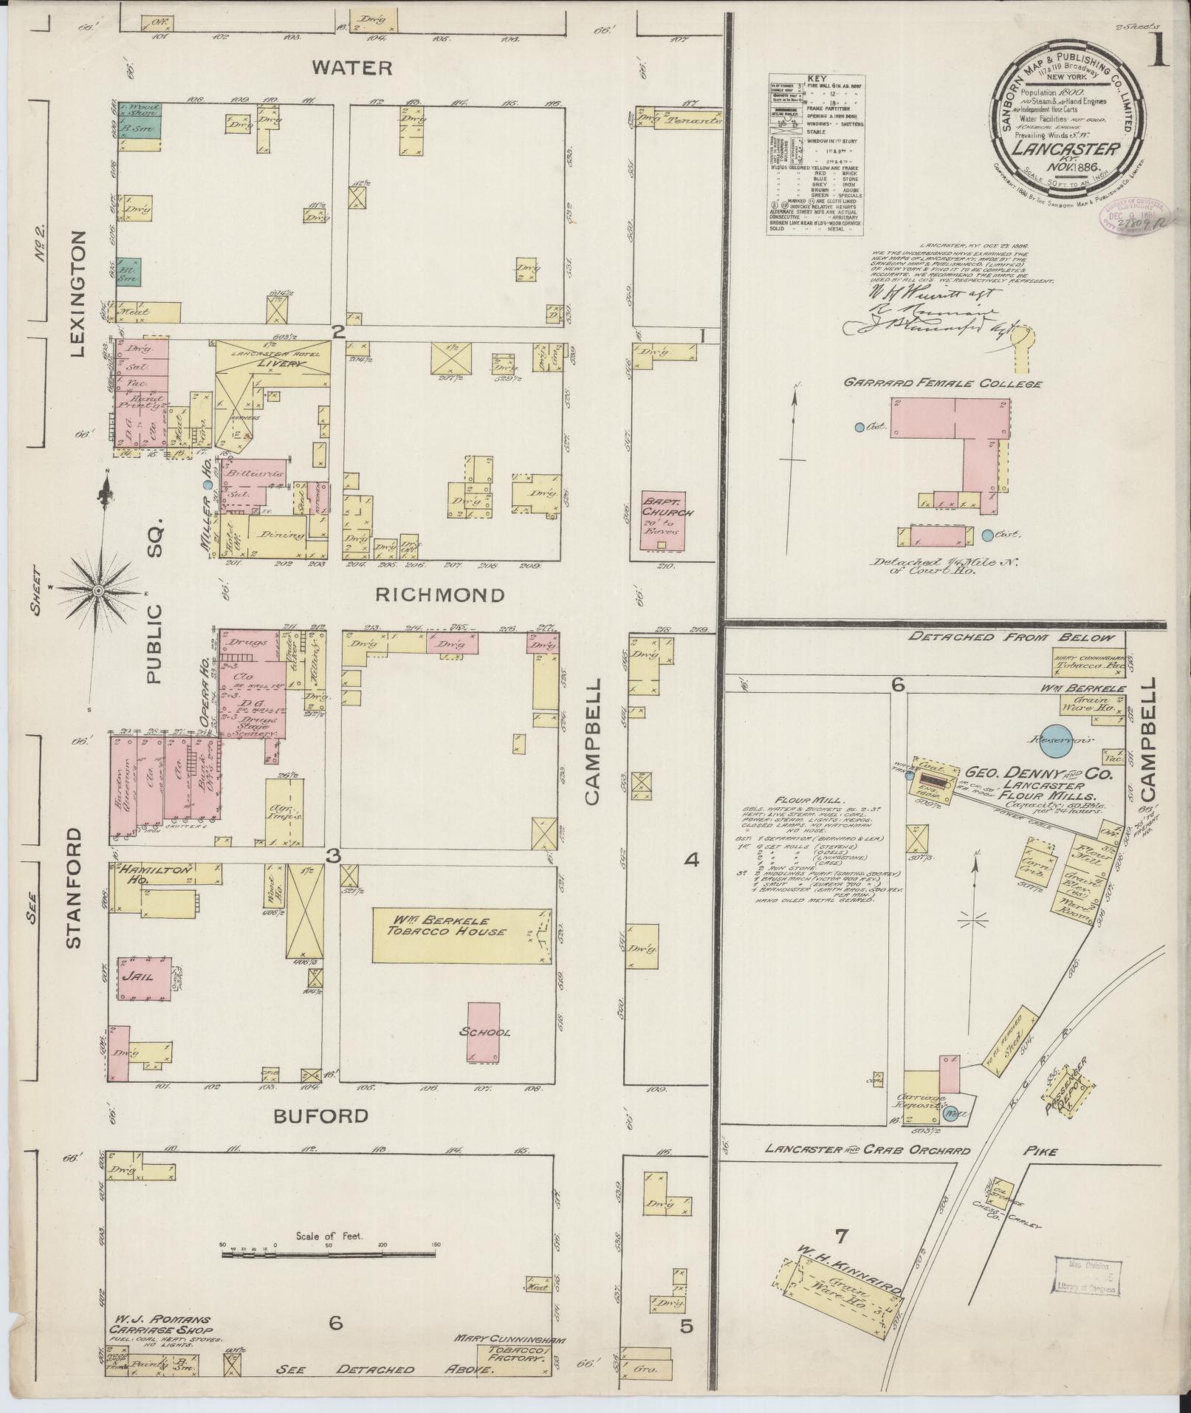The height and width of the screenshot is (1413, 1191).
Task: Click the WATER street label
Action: point(351,68)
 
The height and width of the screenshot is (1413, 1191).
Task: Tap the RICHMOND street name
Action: point(440,595)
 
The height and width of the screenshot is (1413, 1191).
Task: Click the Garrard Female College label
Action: point(943,384)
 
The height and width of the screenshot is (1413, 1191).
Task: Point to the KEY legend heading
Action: point(816,78)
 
